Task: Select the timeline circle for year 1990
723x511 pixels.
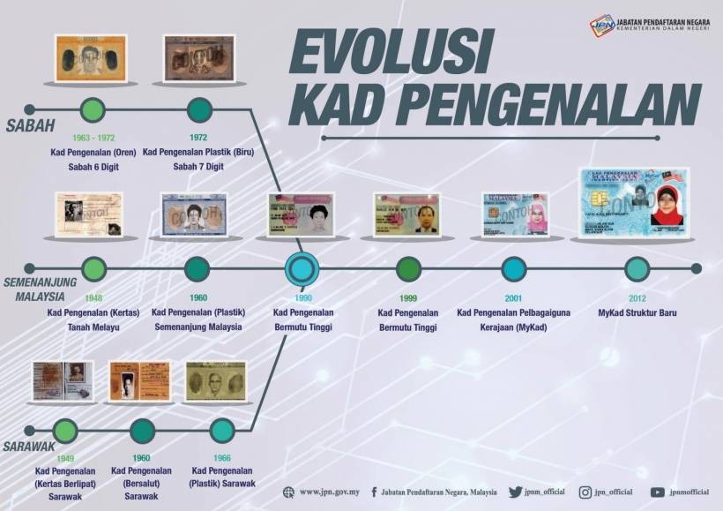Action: (x=302, y=268)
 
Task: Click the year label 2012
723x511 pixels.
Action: (x=637, y=298)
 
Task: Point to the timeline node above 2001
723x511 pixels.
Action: (x=513, y=268)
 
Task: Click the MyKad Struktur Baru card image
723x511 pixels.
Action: (x=633, y=203)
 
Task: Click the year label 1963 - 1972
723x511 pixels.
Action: (x=93, y=137)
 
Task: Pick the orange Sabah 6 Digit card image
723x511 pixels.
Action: (x=91, y=58)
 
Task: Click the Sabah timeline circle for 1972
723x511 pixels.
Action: (x=199, y=110)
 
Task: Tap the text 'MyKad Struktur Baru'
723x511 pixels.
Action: (x=637, y=312)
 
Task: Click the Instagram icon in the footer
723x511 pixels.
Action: (x=585, y=492)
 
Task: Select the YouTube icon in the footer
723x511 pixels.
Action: (x=658, y=492)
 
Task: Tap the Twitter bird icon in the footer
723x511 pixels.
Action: (x=515, y=492)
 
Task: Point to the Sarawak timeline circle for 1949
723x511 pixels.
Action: (x=65, y=432)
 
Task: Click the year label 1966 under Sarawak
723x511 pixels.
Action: (x=222, y=458)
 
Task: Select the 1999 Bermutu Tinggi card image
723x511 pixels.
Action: (x=406, y=214)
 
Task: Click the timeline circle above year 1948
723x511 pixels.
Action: (x=93, y=268)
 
